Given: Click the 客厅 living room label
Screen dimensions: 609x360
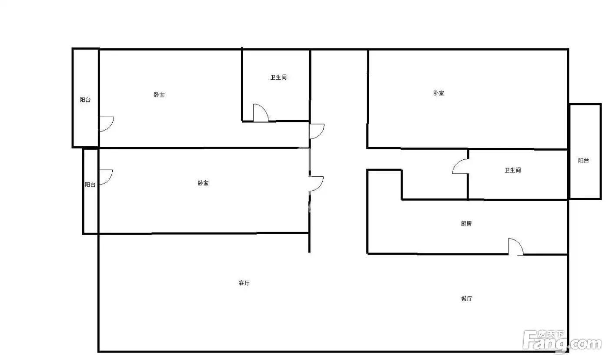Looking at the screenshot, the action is (244, 283).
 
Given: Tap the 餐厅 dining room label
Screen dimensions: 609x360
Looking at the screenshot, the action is (466, 299).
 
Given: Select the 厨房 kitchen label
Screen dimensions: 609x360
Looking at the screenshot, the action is (466, 224).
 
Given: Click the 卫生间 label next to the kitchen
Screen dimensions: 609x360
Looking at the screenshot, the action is (513, 170).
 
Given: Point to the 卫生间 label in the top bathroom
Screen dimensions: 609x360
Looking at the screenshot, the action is (278, 77).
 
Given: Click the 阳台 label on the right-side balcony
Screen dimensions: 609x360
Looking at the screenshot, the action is (583, 161).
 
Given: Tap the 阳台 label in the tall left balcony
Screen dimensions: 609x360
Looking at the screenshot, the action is (85, 100).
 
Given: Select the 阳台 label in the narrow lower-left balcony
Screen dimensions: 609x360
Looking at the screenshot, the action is (90, 185).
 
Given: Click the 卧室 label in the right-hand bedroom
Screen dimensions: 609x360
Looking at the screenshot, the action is (438, 93).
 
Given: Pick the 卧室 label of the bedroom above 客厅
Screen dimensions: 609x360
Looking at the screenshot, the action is (203, 183).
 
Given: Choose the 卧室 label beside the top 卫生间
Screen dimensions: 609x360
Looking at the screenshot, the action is (159, 95).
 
